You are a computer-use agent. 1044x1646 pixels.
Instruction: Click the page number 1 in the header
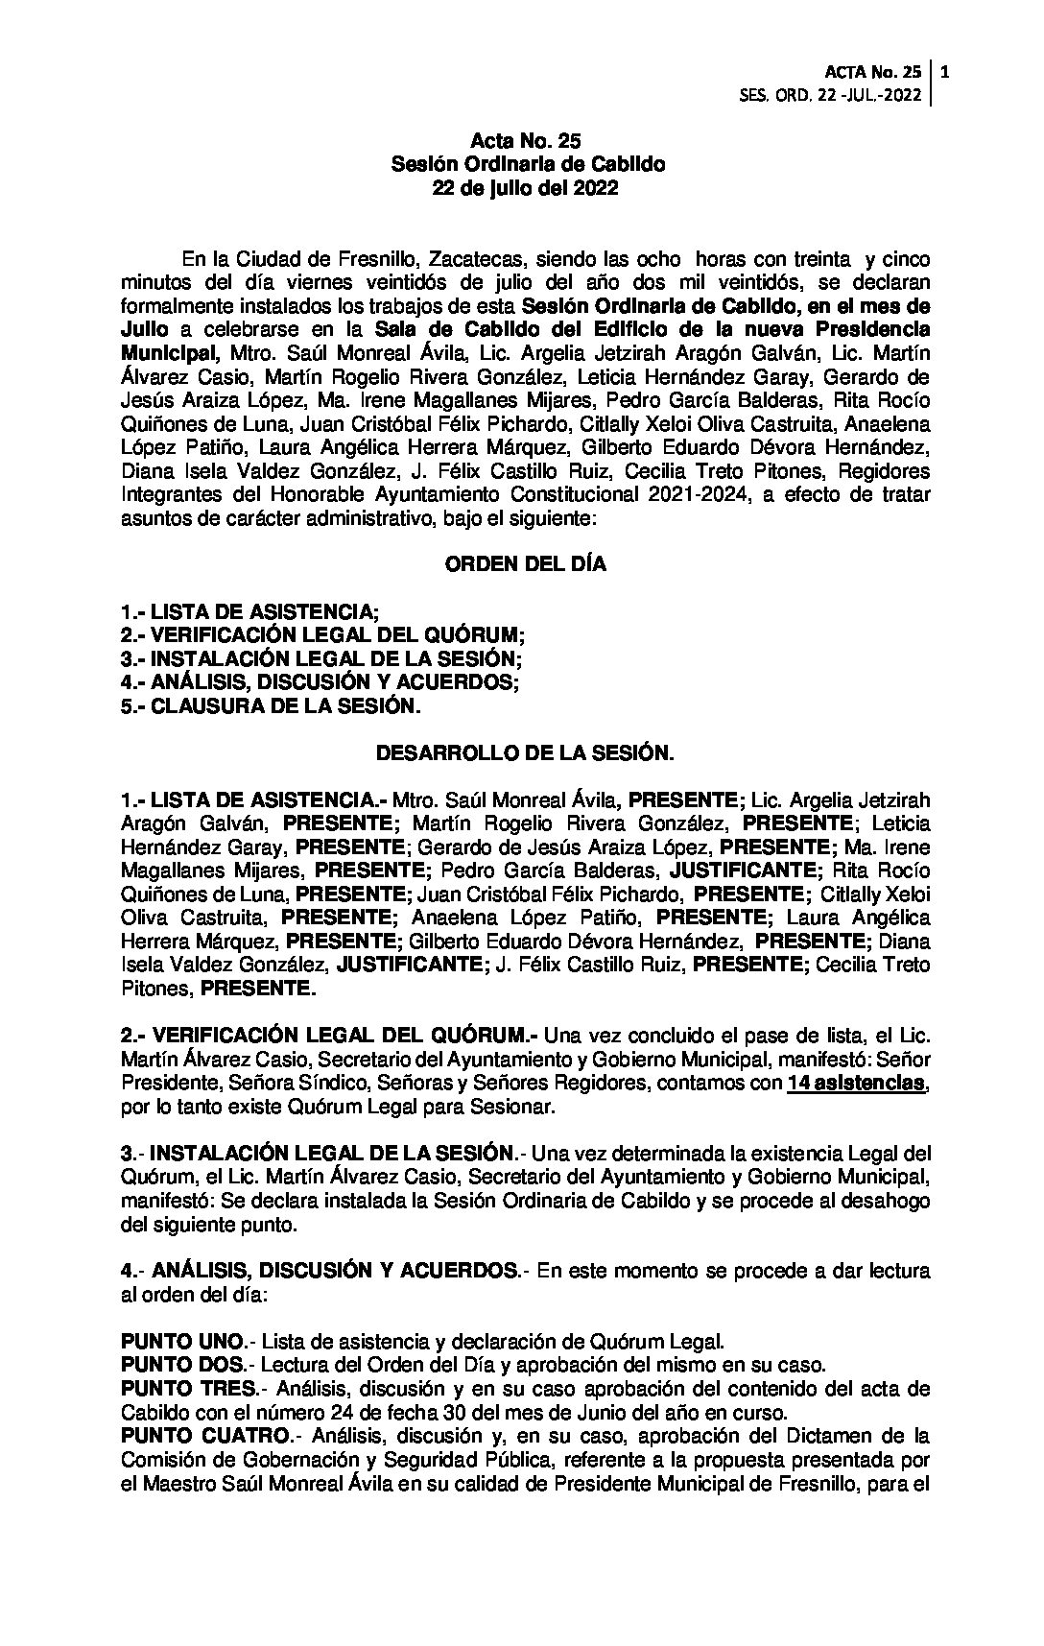coord(946,71)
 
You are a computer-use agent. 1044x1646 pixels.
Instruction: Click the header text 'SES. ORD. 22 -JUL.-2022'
coord(831,95)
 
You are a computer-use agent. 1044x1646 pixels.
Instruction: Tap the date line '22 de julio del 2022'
coord(525,188)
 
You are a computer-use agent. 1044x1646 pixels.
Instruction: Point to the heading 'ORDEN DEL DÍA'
coord(525,564)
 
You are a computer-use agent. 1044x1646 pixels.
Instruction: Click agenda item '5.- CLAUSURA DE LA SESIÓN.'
coord(271,705)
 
